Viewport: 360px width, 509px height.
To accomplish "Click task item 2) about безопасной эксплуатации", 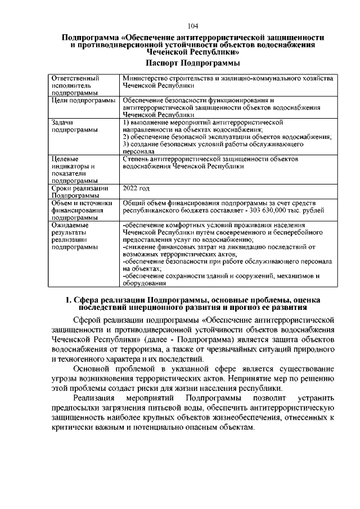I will (227, 137).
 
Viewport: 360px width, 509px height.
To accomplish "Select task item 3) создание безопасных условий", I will (213, 144).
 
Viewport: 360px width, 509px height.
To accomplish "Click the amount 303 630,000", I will (272, 210).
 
